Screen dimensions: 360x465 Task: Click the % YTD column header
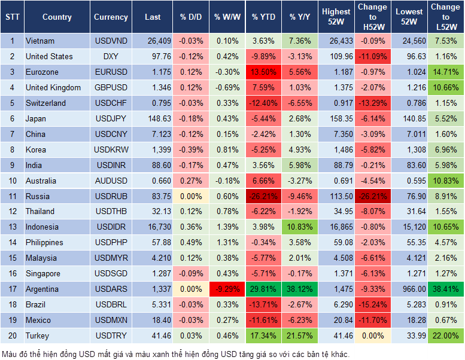(x=263, y=17)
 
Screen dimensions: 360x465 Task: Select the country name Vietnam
(x=40, y=41)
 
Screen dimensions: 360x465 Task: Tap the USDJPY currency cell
(x=111, y=118)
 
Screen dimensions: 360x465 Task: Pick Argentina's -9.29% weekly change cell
(x=226, y=289)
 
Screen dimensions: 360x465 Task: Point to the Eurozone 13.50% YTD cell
(x=263, y=72)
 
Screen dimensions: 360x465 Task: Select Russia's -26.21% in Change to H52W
(x=372, y=196)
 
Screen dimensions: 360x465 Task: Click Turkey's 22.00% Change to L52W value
(x=446, y=335)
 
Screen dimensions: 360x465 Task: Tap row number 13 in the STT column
(x=11, y=227)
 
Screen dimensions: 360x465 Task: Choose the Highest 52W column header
(x=336, y=17)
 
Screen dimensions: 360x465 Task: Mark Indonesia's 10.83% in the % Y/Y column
(x=300, y=227)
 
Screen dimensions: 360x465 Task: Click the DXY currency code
(x=111, y=56)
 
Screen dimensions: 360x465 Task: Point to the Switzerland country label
(x=45, y=103)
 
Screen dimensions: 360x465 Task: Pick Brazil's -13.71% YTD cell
(x=263, y=304)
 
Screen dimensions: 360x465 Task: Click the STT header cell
(x=11, y=17)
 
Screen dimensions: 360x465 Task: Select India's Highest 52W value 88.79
(x=336, y=165)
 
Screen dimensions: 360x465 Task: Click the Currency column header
(x=111, y=17)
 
